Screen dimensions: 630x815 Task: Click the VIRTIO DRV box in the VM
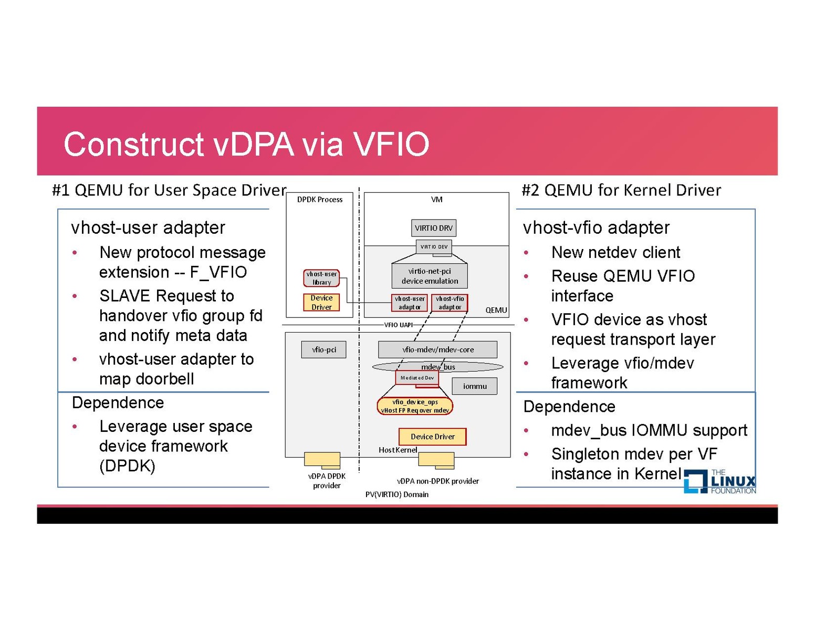coord(433,228)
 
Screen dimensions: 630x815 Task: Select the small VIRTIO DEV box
coord(434,246)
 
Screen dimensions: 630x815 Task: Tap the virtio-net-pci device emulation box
coord(430,276)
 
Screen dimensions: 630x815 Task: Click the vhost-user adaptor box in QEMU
coord(410,303)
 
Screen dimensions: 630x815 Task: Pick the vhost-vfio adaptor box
coord(450,303)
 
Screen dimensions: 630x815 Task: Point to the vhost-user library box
coord(321,278)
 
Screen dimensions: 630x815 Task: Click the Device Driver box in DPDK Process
coord(321,302)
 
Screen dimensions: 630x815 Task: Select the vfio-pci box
coord(323,349)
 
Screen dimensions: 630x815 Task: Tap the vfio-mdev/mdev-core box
coord(437,349)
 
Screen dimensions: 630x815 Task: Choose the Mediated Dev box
coord(417,377)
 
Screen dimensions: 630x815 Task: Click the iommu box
coord(475,386)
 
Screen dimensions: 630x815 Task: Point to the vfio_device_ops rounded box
coord(415,406)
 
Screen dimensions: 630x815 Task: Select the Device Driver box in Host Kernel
coord(432,437)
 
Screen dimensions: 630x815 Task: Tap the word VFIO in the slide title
coord(391,144)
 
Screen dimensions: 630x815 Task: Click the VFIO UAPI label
coord(398,325)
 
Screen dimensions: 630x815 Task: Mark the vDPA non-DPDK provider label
coord(437,481)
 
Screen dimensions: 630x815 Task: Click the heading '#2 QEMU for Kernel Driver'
coord(621,190)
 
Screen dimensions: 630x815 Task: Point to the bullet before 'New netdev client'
coord(526,253)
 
